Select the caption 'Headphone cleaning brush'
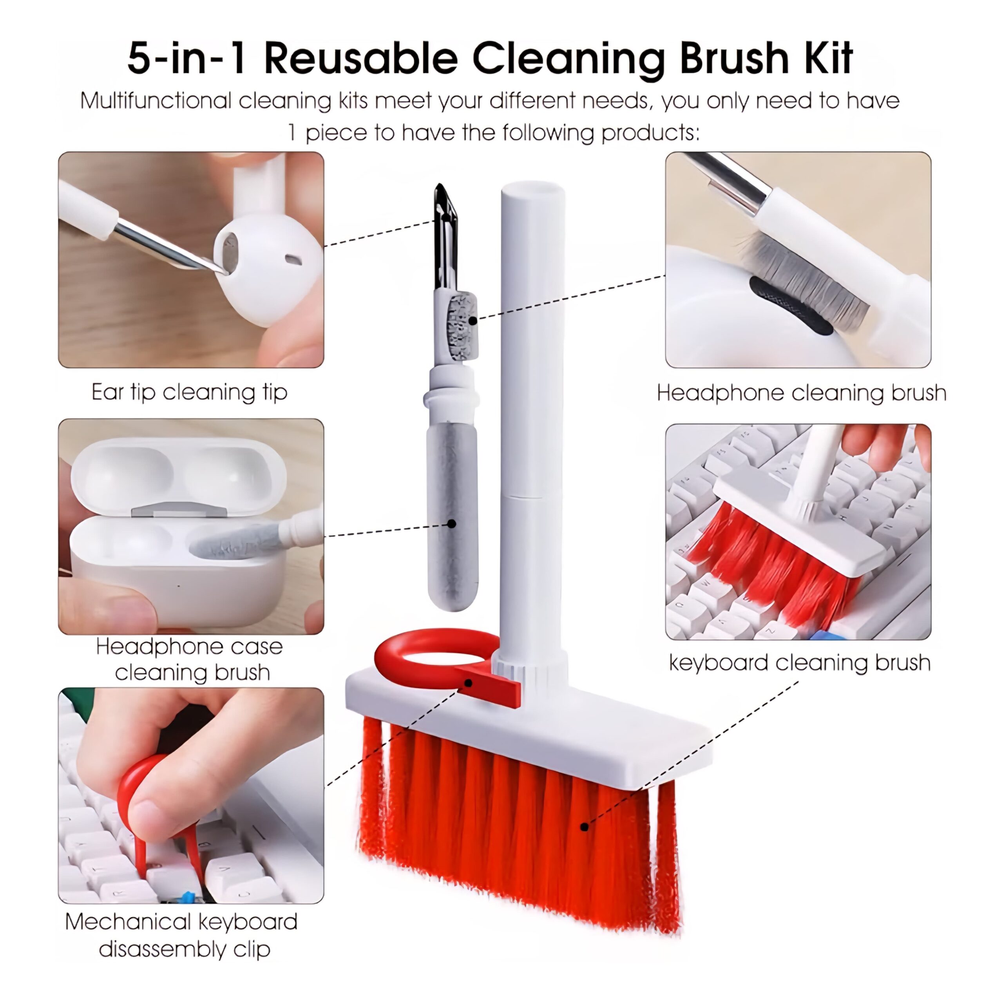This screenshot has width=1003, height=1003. coord(802,393)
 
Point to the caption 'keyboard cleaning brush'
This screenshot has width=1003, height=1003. coord(800,663)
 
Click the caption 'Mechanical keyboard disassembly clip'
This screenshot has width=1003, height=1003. coord(181,936)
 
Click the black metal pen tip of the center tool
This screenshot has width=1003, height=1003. coord(445,236)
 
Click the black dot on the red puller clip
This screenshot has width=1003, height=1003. coord(468,683)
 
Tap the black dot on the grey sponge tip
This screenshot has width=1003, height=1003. coord(452,524)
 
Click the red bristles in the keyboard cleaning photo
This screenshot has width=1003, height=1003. coord(768,566)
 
